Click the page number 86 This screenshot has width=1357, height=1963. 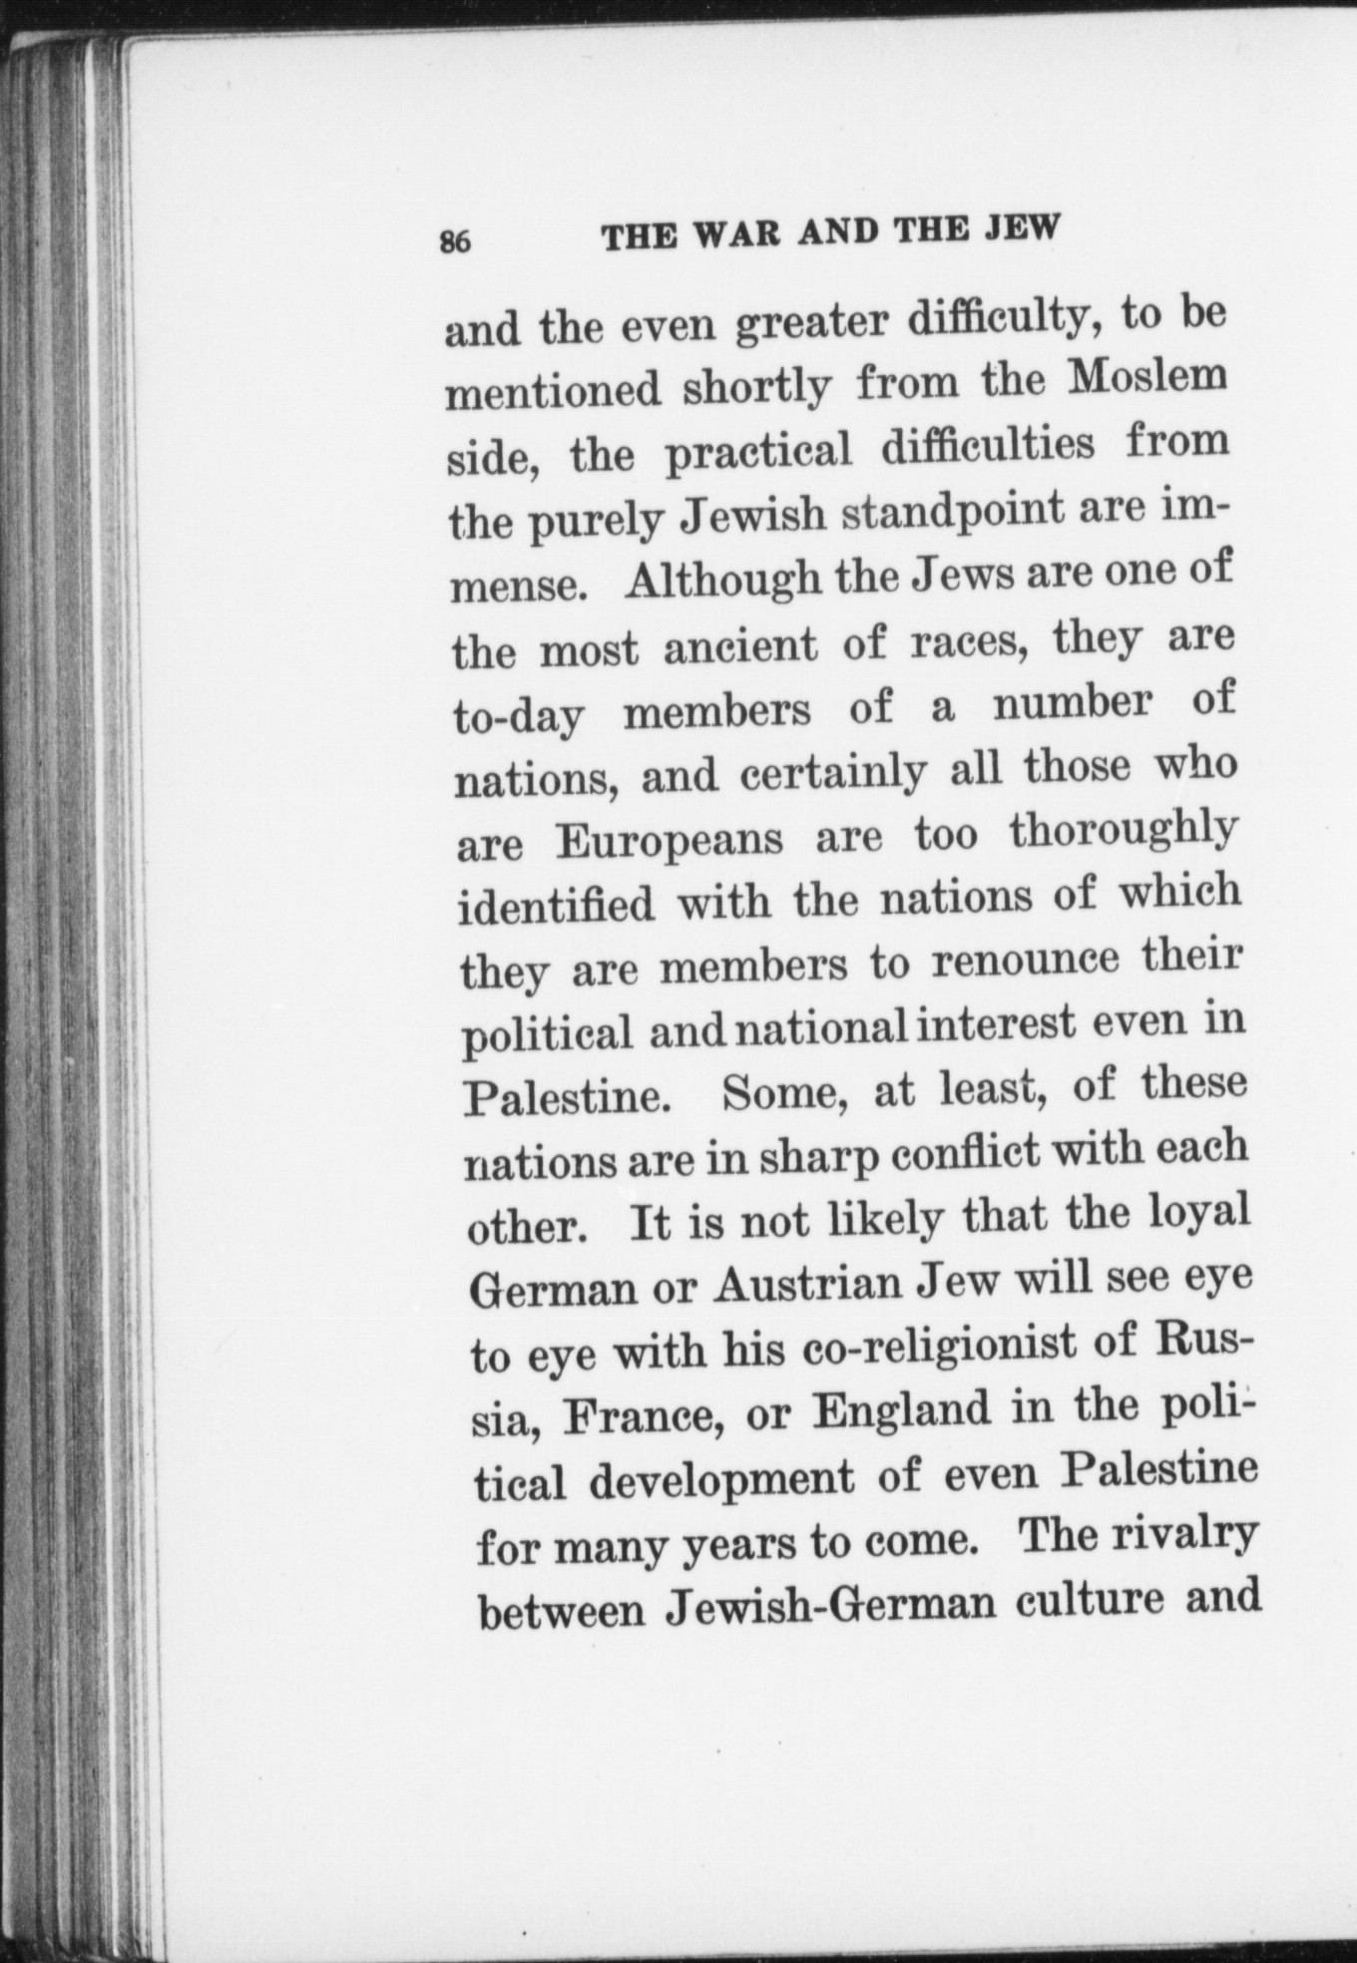[x=454, y=242]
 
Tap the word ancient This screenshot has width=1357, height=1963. [x=739, y=646]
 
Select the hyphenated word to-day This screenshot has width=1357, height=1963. [x=518, y=716]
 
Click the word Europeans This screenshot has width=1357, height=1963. [x=671, y=840]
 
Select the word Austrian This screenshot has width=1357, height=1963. [x=805, y=1285]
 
